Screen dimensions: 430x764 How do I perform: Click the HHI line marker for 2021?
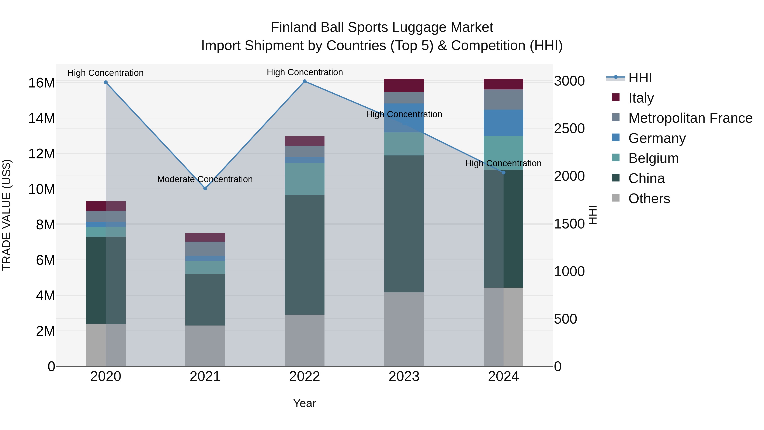click(x=205, y=188)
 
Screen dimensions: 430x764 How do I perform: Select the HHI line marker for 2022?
click(x=305, y=81)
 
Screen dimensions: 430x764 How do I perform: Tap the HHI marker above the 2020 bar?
click(x=106, y=82)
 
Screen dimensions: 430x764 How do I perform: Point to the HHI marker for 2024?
click(x=503, y=172)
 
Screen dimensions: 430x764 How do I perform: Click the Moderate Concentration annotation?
click(x=205, y=179)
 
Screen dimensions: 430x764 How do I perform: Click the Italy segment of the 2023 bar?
click(x=404, y=85)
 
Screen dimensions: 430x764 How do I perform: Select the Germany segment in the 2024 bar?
click(x=503, y=123)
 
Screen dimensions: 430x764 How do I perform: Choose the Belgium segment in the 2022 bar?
click(x=305, y=179)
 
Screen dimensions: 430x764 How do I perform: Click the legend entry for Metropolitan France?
click(x=690, y=118)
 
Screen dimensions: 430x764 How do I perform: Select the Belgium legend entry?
click(x=653, y=158)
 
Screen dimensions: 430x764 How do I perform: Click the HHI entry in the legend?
click(x=640, y=78)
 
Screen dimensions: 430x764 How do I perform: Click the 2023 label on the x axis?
click(x=404, y=376)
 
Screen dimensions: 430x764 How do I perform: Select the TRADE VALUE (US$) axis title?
click(x=7, y=215)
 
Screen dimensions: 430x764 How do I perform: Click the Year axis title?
click(x=305, y=403)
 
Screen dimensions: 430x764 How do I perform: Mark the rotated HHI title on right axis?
click(x=593, y=215)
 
